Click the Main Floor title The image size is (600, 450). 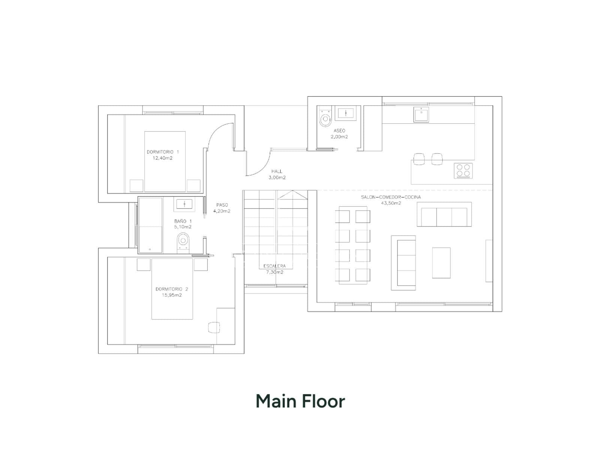300,401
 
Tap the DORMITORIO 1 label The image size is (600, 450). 163,151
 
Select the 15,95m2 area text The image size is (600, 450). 172,295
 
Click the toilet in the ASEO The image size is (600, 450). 325,117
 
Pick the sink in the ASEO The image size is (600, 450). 346,113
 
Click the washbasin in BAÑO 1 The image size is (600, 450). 184,204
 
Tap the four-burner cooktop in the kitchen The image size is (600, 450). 463,171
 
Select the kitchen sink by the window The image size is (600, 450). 421,114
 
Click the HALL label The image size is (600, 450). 277,171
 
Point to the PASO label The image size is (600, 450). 222,205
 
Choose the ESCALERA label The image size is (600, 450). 274,266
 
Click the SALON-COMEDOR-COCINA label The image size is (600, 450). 391,197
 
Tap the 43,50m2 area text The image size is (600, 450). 391,203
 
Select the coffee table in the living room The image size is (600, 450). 441,263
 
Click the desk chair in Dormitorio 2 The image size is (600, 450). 214,327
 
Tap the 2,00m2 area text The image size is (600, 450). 339,136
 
